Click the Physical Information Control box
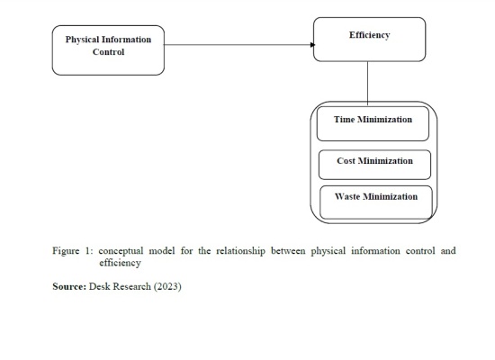coord(108,50)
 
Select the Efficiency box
coord(369,40)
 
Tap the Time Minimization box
coord(373,124)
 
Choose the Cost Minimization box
coord(374,165)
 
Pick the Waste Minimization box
coord(376,202)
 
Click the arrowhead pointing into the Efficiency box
coord(312,45)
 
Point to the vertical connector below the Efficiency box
coord(367,84)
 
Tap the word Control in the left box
coord(108,52)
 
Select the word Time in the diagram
coord(344,120)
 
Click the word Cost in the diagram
coord(346,161)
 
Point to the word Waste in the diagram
coord(347,196)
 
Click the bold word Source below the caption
coord(69,286)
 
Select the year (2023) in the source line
coord(167,286)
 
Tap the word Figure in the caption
coord(66,251)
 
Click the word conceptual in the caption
coord(121,251)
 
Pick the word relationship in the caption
coord(240,251)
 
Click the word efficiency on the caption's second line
coord(120,263)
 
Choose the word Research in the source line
coord(131,286)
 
